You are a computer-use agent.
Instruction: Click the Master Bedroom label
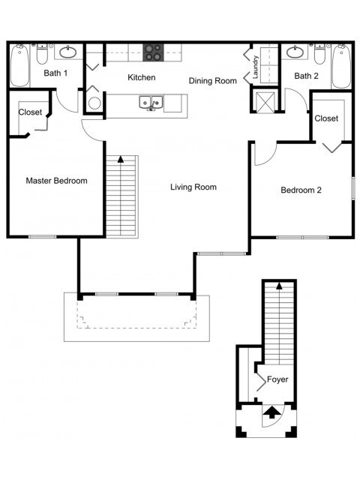57,181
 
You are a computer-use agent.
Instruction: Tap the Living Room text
193,187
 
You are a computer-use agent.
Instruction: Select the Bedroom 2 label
301,190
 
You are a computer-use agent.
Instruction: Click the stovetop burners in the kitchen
153,52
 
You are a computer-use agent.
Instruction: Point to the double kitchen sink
151,103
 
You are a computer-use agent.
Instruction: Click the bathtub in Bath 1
19,66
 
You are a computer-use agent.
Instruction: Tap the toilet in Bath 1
42,54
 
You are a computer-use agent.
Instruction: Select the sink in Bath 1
67,52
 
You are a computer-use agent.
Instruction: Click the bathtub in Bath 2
341,67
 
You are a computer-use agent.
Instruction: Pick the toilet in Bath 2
320,54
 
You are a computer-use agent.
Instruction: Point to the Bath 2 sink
295,52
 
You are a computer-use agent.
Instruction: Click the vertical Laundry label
256,67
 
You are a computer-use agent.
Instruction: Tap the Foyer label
277,379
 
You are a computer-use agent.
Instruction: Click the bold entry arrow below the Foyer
271,412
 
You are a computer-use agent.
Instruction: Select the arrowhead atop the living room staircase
121,159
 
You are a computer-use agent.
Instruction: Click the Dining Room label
213,81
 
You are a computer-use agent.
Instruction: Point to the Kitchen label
142,77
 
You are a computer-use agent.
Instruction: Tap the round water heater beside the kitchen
94,103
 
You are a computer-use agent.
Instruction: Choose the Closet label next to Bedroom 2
326,118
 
